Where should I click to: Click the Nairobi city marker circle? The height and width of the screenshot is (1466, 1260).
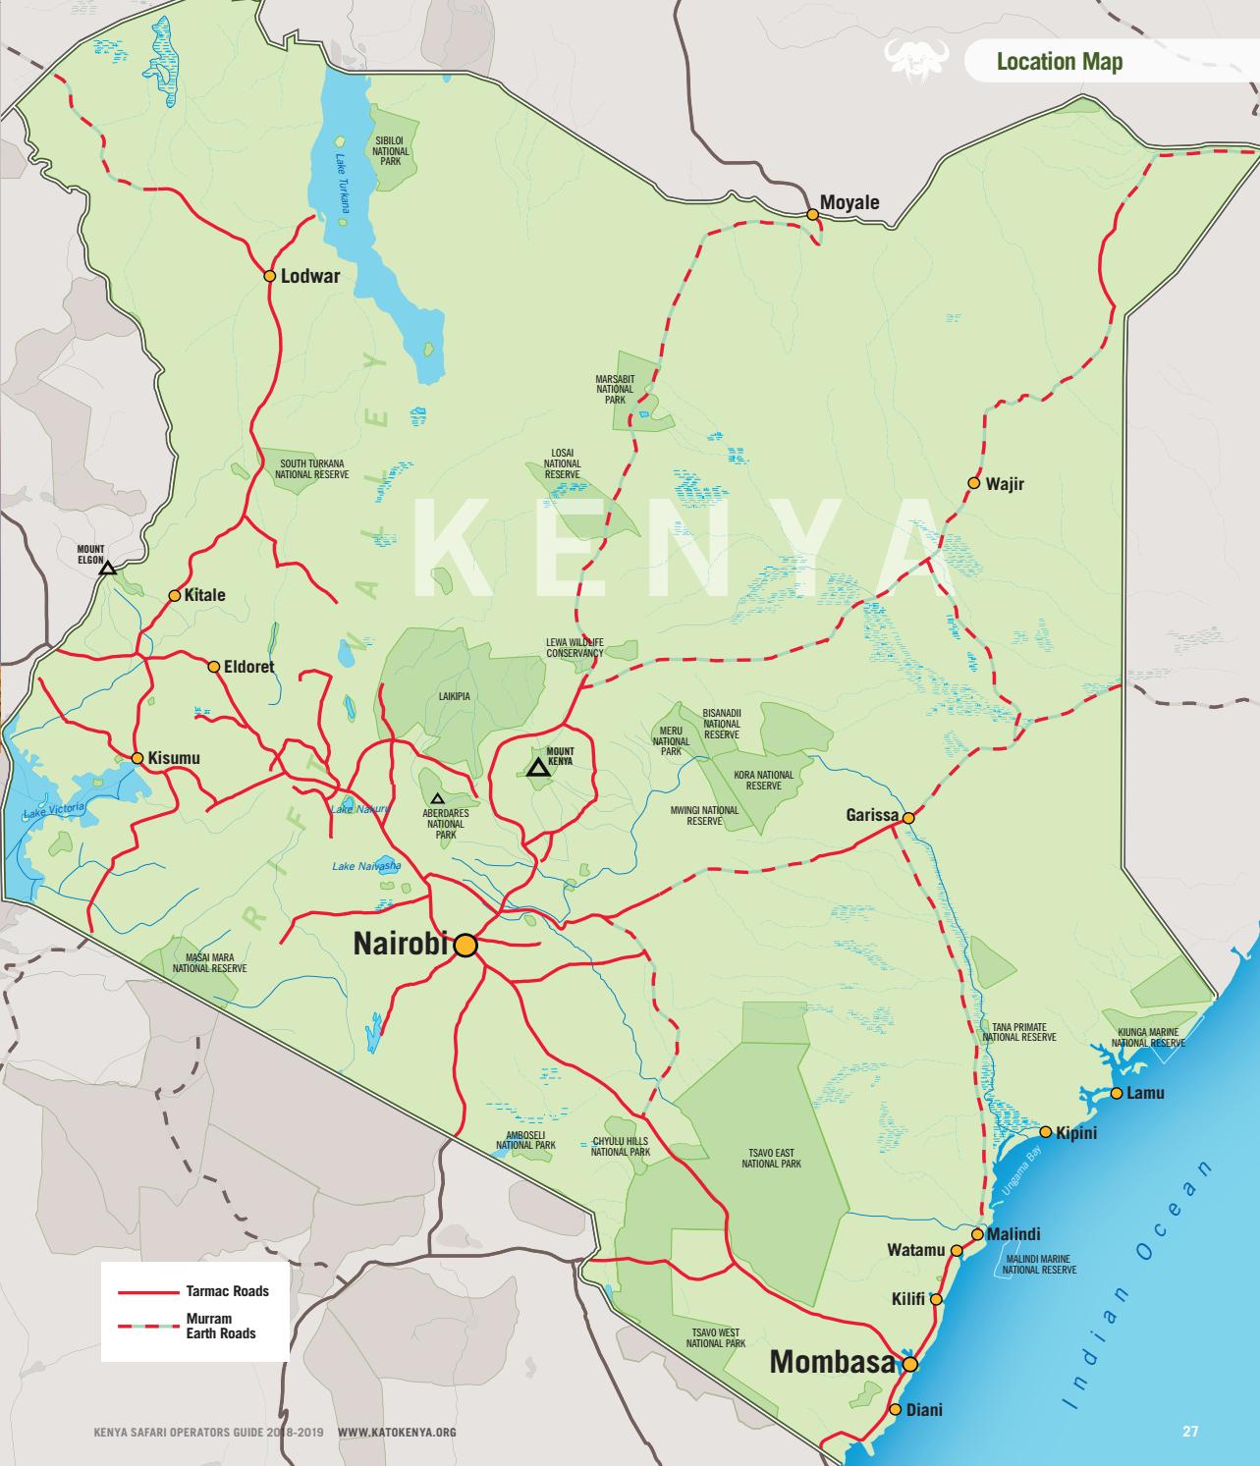coord(466,945)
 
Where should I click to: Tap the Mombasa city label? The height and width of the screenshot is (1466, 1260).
coord(832,1362)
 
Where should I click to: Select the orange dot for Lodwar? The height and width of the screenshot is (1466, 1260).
coord(269,276)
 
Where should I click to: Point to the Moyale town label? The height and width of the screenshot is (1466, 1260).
coord(849,202)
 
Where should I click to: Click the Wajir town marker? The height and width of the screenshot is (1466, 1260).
coord(973,483)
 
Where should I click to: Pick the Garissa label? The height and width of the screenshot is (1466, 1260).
coord(872,815)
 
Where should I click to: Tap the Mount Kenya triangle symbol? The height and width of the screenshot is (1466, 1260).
coord(536,768)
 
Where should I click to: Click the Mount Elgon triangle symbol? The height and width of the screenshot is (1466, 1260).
coord(107,568)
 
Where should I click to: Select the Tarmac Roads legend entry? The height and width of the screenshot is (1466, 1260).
coord(227,1291)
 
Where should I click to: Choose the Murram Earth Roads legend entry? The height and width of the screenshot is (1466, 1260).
coord(221,1326)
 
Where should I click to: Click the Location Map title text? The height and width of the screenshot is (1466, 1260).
coord(1059,62)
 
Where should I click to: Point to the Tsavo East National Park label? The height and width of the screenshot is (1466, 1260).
coord(771,1158)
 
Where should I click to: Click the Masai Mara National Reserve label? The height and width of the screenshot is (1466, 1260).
coord(209,962)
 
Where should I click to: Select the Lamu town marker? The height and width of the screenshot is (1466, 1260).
coord(1117,1093)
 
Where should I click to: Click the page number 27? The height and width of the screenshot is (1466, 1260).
coord(1189,1432)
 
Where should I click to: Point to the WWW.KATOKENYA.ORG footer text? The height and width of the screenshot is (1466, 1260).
coord(397,1433)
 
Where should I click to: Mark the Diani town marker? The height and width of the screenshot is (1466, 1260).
coord(895,1409)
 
